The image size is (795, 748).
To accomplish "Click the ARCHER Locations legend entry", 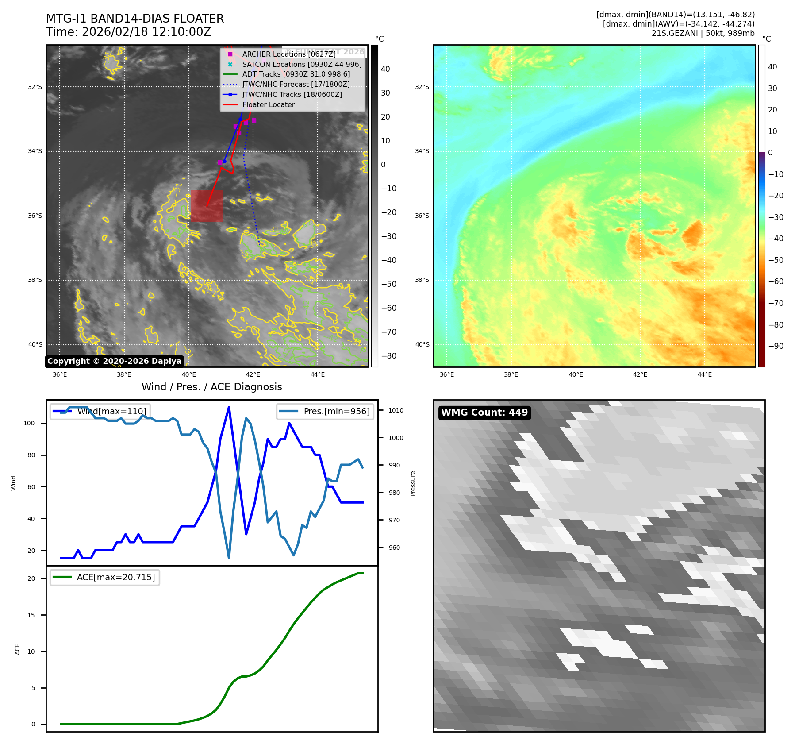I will click(x=288, y=54).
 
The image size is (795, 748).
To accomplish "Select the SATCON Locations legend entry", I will click(x=301, y=64).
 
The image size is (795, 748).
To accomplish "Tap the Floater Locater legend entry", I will click(x=268, y=104).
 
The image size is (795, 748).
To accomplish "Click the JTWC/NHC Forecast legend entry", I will click(x=296, y=84).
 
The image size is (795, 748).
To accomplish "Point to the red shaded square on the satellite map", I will click(x=207, y=206).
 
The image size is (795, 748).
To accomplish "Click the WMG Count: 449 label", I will click(x=484, y=413).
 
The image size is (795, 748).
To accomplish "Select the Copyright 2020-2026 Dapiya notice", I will click(x=114, y=361).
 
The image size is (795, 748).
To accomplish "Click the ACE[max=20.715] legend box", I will click(x=105, y=577).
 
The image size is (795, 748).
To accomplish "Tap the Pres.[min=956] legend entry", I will click(x=325, y=411).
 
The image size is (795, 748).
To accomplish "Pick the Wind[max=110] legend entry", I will click(x=100, y=411).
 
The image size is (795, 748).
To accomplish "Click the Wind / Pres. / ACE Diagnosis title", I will click(x=211, y=387).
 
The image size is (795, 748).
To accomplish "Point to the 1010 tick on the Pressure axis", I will click(x=396, y=410).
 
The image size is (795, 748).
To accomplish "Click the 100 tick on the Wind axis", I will click(x=29, y=423).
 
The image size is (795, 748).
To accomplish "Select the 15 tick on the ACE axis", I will click(x=31, y=615).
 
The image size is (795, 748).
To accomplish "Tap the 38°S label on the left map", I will click(x=35, y=280).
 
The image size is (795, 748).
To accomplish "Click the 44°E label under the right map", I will click(x=704, y=374).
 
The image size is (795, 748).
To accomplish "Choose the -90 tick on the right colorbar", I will click(x=776, y=346).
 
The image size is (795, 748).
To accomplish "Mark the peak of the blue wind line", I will click(x=229, y=407).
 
